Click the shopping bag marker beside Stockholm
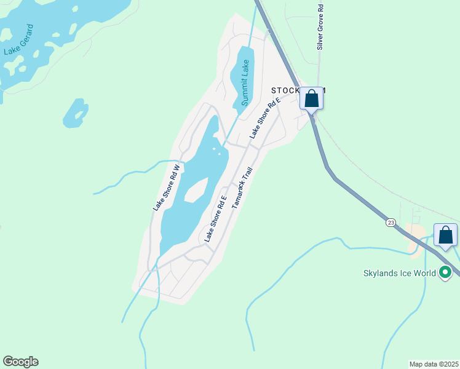pyautogui.click(x=312, y=98)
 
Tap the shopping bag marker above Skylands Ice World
pyautogui.click(x=446, y=235)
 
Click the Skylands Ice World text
pyautogui.click(x=399, y=272)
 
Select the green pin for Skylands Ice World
pyautogui.click(x=446, y=272)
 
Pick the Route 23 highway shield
pyautogui.click(x=391, y=222)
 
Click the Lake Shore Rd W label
pyautogui.click(x=166, y=188)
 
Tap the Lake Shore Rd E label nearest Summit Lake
pyautogui.click(x=264, y=117)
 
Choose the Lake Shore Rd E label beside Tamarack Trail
pyautogui.click(x=216, y=218)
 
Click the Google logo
pyautogui.click(x=20, y=362)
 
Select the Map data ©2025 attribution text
pyautogui.click(x=433, y=364)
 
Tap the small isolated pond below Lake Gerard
pyautogui.click(x=75, y=113)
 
